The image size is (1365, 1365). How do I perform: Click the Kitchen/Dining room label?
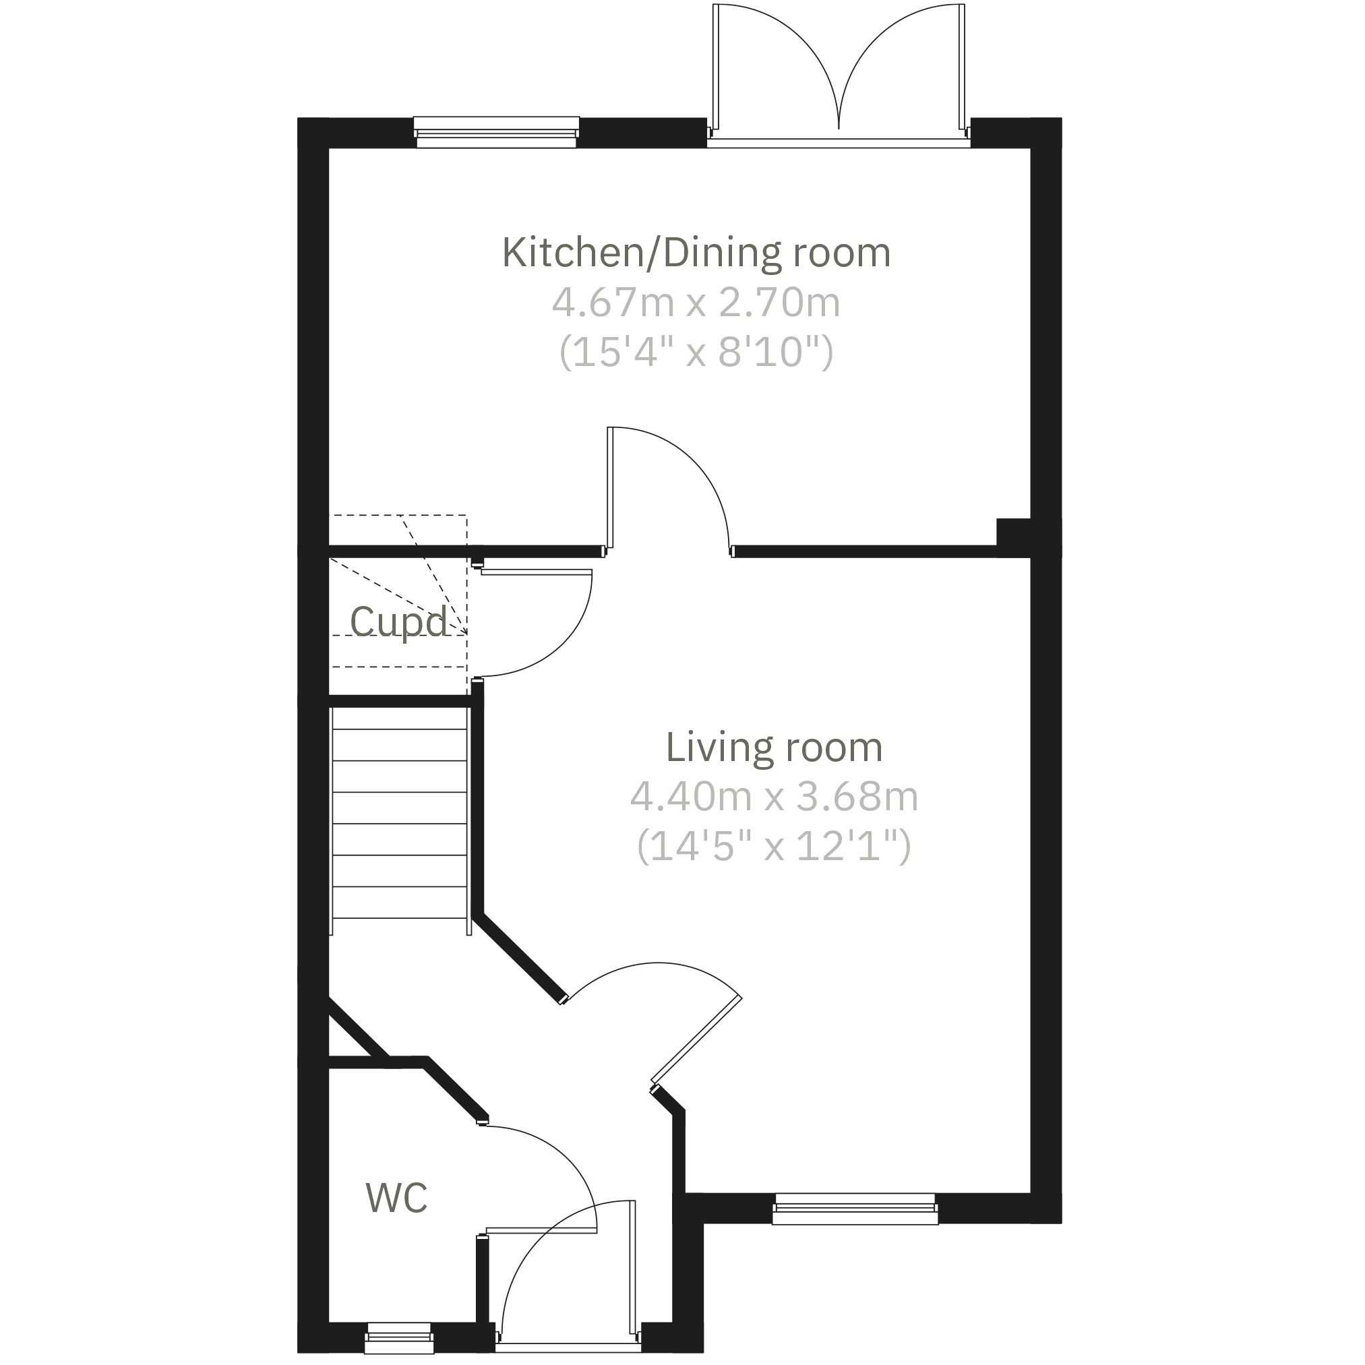pos(696,253)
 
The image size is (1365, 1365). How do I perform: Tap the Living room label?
pos(774,748)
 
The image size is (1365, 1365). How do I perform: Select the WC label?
pos(396,1198)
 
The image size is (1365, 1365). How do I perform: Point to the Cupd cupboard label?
pos(398,622)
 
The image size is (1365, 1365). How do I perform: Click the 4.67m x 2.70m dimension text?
pos(696,303)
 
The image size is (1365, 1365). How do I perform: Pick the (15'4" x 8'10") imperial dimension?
pos(696,352)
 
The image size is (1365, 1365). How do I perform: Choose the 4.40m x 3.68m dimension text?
pos(774,797)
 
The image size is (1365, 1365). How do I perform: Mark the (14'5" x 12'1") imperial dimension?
pos(774,846)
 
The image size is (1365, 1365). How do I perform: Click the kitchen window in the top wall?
pos(496,133)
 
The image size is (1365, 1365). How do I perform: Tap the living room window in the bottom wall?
pos(855,1209)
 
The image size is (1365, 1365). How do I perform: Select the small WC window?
pos(399,1339)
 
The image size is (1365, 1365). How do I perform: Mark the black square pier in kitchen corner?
pos(1013,532)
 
